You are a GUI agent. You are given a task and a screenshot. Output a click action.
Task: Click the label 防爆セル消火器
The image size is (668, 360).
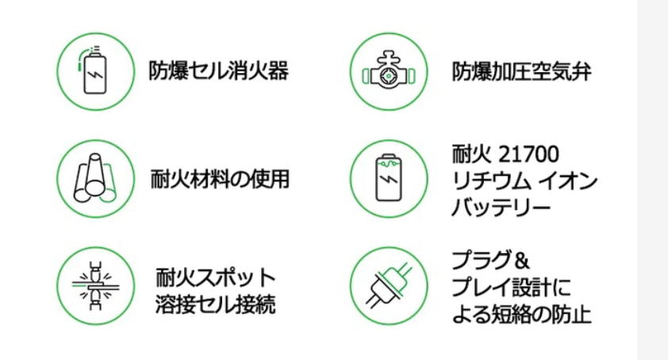coord(218,72)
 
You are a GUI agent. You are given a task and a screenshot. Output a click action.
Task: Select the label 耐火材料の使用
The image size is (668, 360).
coord(219,178)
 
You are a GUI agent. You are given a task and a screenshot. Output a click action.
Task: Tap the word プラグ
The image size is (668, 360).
coord(479,259)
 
